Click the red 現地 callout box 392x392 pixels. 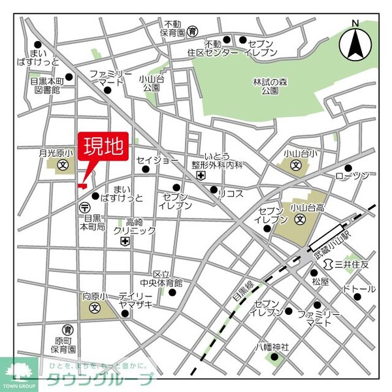click(x=105, y=148)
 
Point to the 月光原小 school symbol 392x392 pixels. click(x=63, y=165)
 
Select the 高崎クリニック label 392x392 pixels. click(x=134, y=226)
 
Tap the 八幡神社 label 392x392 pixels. click(x=276, y=346)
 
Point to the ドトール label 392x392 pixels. click(x=359, y=288)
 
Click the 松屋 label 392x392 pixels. click(x=320, y=282)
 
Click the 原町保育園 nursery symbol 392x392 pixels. click(x=67, y=329)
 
